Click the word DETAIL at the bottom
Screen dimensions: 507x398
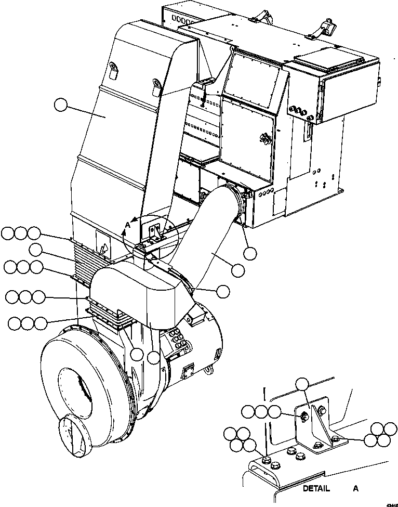click(316, 489)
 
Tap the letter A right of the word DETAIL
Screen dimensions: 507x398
click(356, 489)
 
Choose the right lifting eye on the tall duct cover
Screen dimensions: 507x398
click(156, 84)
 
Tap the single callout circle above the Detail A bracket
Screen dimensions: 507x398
click(302, 385)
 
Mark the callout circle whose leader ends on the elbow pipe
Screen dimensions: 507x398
click(238, 270)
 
